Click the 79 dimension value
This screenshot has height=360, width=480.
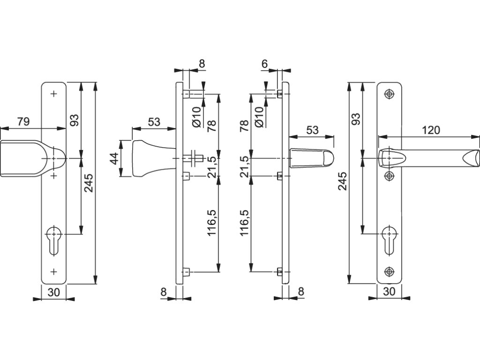coord(23,122)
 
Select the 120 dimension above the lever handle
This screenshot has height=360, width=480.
coord(431,130)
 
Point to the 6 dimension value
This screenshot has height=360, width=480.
coord(264,64)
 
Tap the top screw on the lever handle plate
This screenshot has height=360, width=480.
coord(389,94)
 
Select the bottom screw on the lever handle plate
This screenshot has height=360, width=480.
coord(389,271)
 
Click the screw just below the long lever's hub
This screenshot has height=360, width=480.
coord(389,176)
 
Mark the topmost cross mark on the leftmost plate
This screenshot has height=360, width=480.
coord(53,94)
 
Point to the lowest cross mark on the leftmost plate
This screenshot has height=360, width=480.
coord(53,271)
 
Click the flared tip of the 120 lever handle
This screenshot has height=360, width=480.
coord(471,158)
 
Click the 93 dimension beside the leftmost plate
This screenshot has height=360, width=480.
coord(74,120)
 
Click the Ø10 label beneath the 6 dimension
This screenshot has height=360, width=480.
coord(258,116)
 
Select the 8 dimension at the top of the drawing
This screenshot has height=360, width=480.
coord(202,64)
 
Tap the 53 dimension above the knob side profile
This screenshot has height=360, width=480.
coord(154,122)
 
